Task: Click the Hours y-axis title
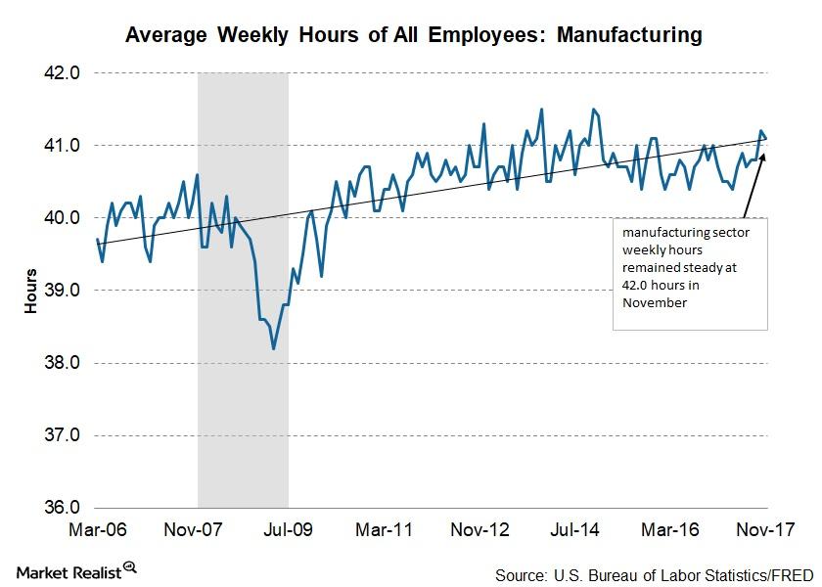pos(30,291)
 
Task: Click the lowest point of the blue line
pos(273,348)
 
